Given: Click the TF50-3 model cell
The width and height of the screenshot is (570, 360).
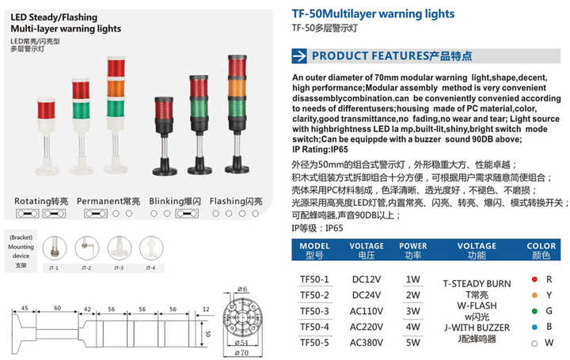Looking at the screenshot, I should pyautogui.click(x=314, y=311).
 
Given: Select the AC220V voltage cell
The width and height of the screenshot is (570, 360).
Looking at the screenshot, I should pyautogui.click(x=367, y=327).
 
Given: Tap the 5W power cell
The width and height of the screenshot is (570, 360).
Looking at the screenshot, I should pyautogui.click(x=413, y=343).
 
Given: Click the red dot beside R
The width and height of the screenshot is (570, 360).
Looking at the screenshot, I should pyautogui.click(x=536, y=280).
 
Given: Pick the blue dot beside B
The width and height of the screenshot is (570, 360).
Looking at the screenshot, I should pyautogui.click(x=536, y=328).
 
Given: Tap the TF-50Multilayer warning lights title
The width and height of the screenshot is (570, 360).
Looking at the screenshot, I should pyautogui.click(x=373, y=13).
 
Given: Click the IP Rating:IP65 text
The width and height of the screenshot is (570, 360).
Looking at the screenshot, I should pyautogui.click(x=317, y=149).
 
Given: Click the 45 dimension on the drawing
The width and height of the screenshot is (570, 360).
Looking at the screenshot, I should pyautogui.click(x=25, y=308).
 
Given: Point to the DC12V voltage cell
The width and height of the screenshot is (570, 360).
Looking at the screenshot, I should pyautogui.click(x=367, y=280).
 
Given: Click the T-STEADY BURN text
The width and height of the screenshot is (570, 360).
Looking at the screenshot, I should pyautogui.click(x=477, y=283).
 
